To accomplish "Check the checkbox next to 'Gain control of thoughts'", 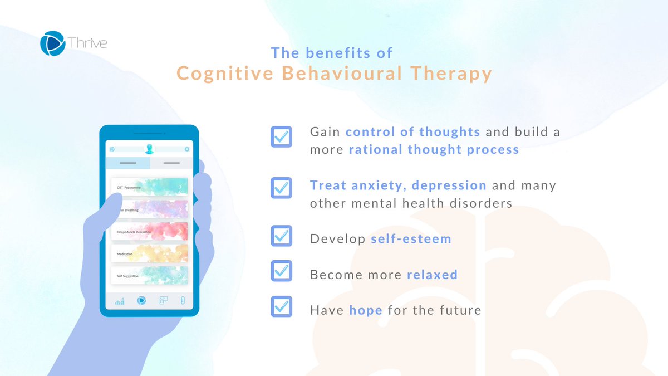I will [281, 136].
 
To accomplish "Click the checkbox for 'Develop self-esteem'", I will [281, 236].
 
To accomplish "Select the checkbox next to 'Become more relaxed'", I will [281, 271].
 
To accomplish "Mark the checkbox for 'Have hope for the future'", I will [281, 306].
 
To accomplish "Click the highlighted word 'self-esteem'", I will [411, 239].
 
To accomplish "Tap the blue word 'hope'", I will [366, 310].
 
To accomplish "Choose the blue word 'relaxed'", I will [432, 275].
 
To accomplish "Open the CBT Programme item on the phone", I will [149, 188].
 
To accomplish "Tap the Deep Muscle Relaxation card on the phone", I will [149, 232].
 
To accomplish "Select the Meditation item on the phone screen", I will [149, 253].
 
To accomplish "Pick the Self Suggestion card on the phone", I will [149, 275].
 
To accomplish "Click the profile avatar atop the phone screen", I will [149, 149].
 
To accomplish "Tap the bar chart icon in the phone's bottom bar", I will [120, 301].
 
